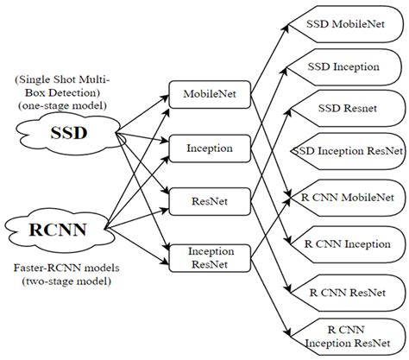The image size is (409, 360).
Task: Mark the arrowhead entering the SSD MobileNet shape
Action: (300, 26)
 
